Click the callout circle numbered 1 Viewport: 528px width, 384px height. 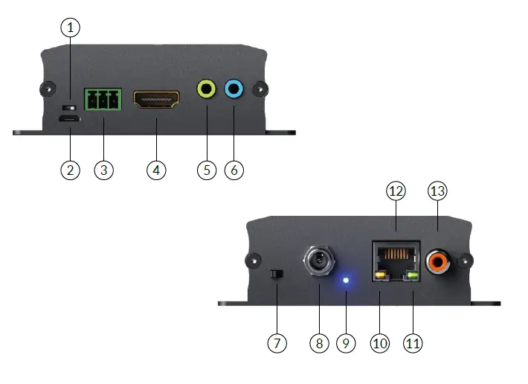coord(70,28)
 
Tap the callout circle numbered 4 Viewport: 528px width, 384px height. coord(155,170)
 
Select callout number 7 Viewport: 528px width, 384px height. coord(276,343)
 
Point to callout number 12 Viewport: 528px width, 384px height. coord(396,192)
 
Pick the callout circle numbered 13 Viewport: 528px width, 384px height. coord(438,192)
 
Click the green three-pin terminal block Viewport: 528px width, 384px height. coord(103,100)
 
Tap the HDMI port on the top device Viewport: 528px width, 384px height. coord(156,100)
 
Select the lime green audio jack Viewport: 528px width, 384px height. coord(205,90)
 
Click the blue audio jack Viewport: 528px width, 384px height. coord(234,90)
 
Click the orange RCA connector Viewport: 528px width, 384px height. coord(438,262)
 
